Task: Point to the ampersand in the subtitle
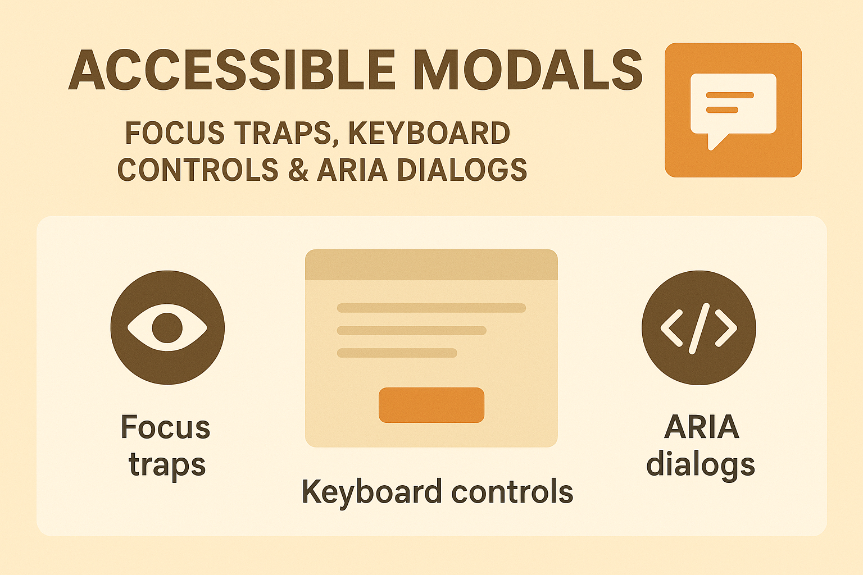click(x=298, y=170)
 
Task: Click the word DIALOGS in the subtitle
click(x=462, y=170)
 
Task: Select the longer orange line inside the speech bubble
click(x=730, y=95)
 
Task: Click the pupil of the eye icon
click(x=167, y=327)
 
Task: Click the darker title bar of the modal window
click(x=431, y=265)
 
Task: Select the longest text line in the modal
click(x=431, y=308)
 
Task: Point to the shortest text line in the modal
click(x=397, y=353)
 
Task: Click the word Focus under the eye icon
click(x=165, y=427)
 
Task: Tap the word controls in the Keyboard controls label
click(x=512, y=492)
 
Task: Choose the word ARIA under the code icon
click(x=701, y=427)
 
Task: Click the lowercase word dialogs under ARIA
click(x=700, y=465)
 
